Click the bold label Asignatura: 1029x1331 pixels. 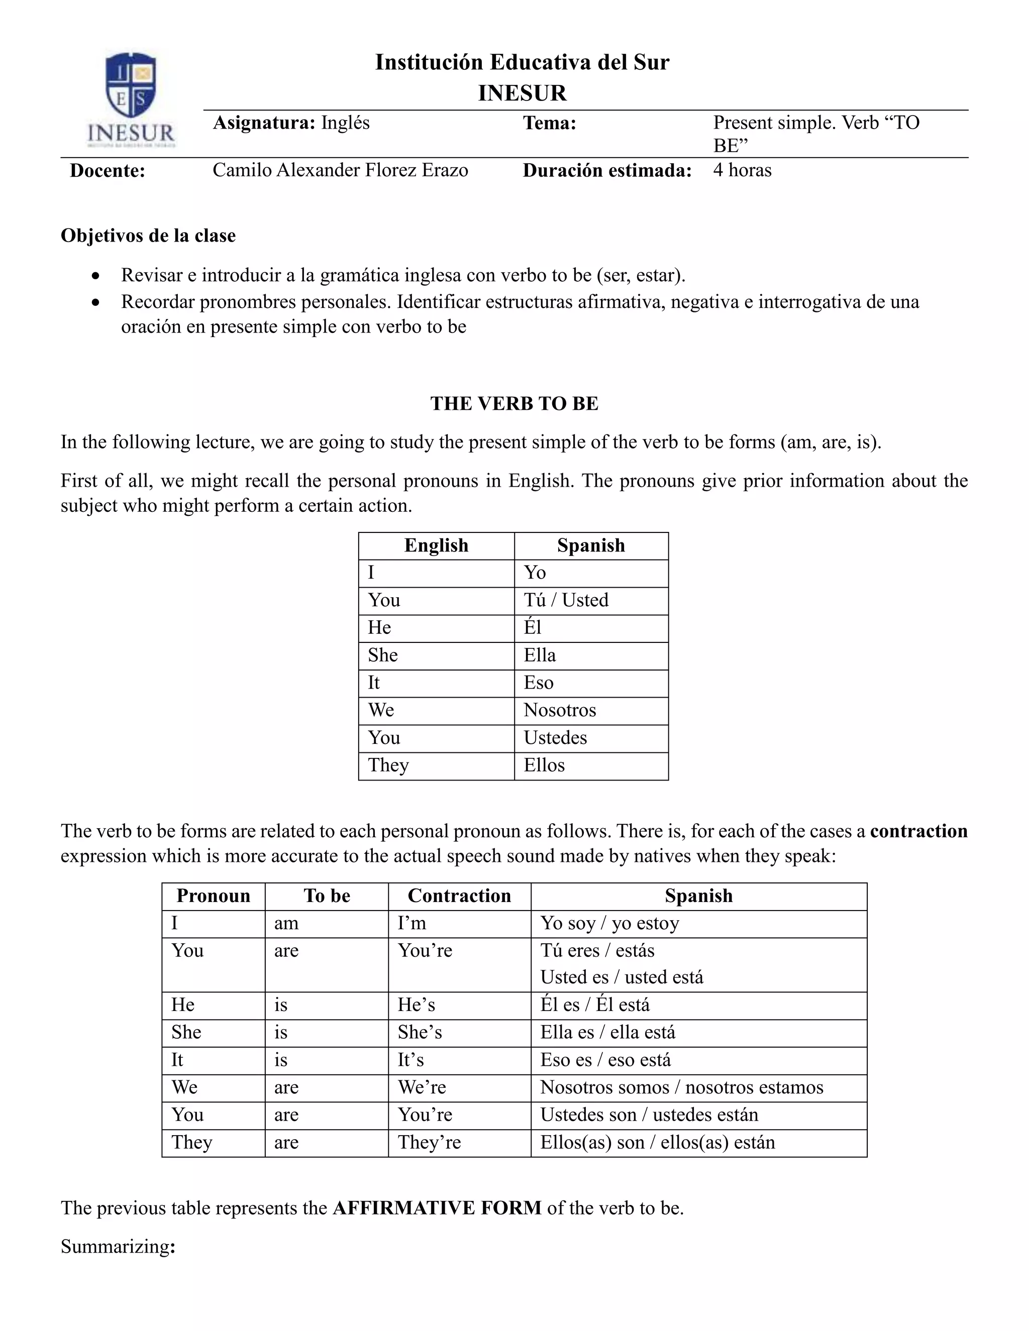(263, 123)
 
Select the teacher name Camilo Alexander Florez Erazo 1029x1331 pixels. (340, 170)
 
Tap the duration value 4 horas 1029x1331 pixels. (742, 170)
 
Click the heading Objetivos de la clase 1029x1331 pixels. (148, 236)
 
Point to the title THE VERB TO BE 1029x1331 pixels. (514, 403)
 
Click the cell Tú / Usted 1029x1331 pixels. (566, 600)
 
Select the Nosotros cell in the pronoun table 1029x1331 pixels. (559, 710)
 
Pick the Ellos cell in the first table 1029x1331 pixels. (544, 765)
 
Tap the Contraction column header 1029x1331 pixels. (459, 896)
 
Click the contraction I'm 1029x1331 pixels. (412, 923)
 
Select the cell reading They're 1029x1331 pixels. (429, 1142)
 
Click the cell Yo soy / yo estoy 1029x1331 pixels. (609, 923)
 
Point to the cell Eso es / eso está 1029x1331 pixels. (605, 1060)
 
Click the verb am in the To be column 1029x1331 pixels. (286, 923)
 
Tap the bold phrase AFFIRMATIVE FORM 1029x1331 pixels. (437, 1208)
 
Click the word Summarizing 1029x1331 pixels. (115, 1247)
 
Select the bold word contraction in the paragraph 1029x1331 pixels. (918, 831)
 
